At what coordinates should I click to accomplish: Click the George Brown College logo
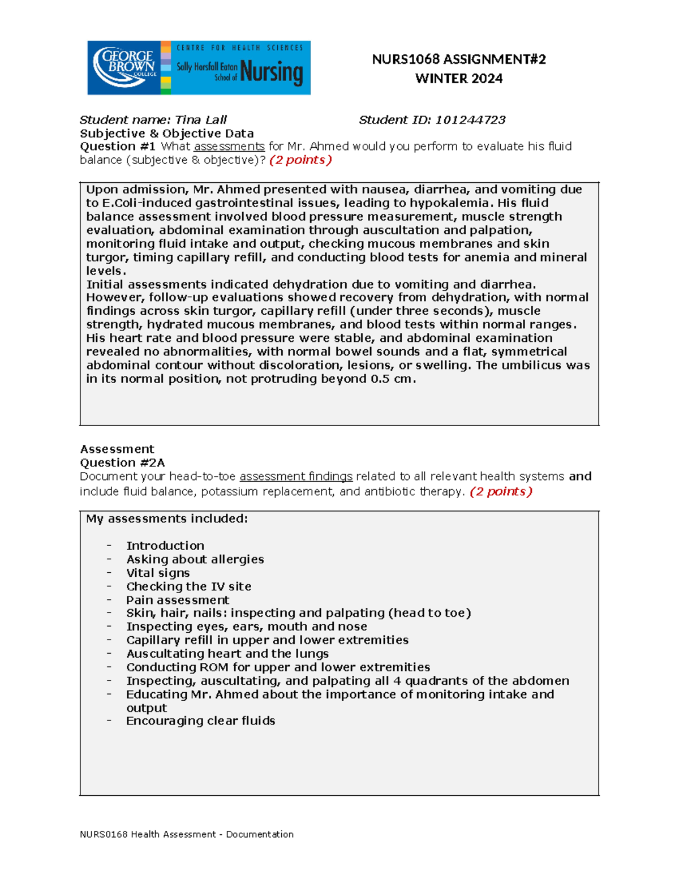[124, 67]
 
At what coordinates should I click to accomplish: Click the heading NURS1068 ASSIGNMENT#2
[459, 59]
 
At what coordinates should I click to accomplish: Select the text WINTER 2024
[459, 79]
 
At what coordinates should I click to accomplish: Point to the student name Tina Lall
[201, 120]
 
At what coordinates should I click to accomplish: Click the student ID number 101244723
[470, 120]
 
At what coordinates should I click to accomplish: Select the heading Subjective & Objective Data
[167, 134]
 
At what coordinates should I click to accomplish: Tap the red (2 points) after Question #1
[300, 160]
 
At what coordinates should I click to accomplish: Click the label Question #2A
[123, 463]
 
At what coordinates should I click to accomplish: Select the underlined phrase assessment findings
[296, 477]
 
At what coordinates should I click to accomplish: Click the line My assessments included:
[167, 519]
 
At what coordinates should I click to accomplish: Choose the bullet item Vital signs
[158, 573]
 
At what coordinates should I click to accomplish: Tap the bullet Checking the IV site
[188, 586]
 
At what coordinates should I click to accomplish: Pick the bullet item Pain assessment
[178, 600]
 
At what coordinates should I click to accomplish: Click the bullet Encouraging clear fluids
[200, 721]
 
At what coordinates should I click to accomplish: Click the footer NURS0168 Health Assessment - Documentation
[187, 834]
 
